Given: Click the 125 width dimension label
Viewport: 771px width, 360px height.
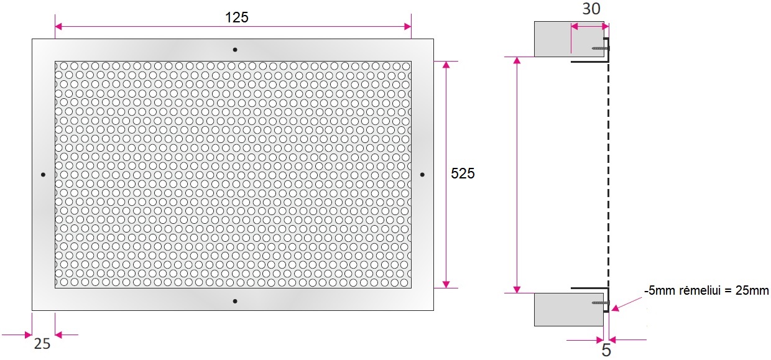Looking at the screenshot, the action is [236, 17].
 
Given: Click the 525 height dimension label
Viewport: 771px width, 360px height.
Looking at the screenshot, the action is [463, 173].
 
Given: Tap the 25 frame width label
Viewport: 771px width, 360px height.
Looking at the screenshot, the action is [42, 343].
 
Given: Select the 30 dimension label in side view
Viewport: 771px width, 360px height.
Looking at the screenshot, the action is [591, 9].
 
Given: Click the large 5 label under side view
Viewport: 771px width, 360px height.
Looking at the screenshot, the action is [606, 350].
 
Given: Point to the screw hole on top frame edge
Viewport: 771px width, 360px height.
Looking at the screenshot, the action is [235, 50].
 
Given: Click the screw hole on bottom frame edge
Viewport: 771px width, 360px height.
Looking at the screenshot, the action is [235, 301].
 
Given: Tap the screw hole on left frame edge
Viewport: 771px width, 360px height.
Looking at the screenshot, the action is [43, 175].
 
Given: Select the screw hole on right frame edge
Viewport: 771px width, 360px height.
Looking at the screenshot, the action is [422, 175].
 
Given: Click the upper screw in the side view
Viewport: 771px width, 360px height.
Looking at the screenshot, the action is [601, 48].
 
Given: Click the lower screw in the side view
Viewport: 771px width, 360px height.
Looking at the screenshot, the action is [601, 303].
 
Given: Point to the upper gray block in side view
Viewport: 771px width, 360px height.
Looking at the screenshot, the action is [569, 39].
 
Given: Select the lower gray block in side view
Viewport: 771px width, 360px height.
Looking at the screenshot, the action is [569, 310].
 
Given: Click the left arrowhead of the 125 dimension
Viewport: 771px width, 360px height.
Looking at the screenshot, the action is [58, 27].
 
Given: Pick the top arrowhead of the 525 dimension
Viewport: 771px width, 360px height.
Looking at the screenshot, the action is [446, 65].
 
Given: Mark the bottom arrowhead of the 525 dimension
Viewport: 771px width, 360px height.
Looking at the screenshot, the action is [446, 284].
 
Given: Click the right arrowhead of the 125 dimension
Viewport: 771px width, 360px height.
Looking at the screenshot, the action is [407, 27].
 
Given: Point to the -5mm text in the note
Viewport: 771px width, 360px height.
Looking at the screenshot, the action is [660, 291].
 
